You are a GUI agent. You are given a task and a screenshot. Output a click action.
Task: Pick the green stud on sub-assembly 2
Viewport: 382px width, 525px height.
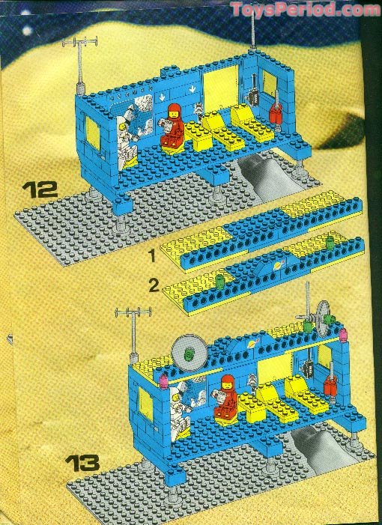219,281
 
